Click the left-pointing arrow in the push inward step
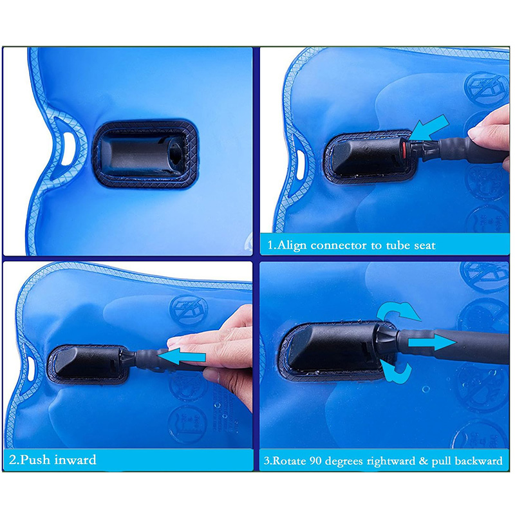(x=182, y=356)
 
